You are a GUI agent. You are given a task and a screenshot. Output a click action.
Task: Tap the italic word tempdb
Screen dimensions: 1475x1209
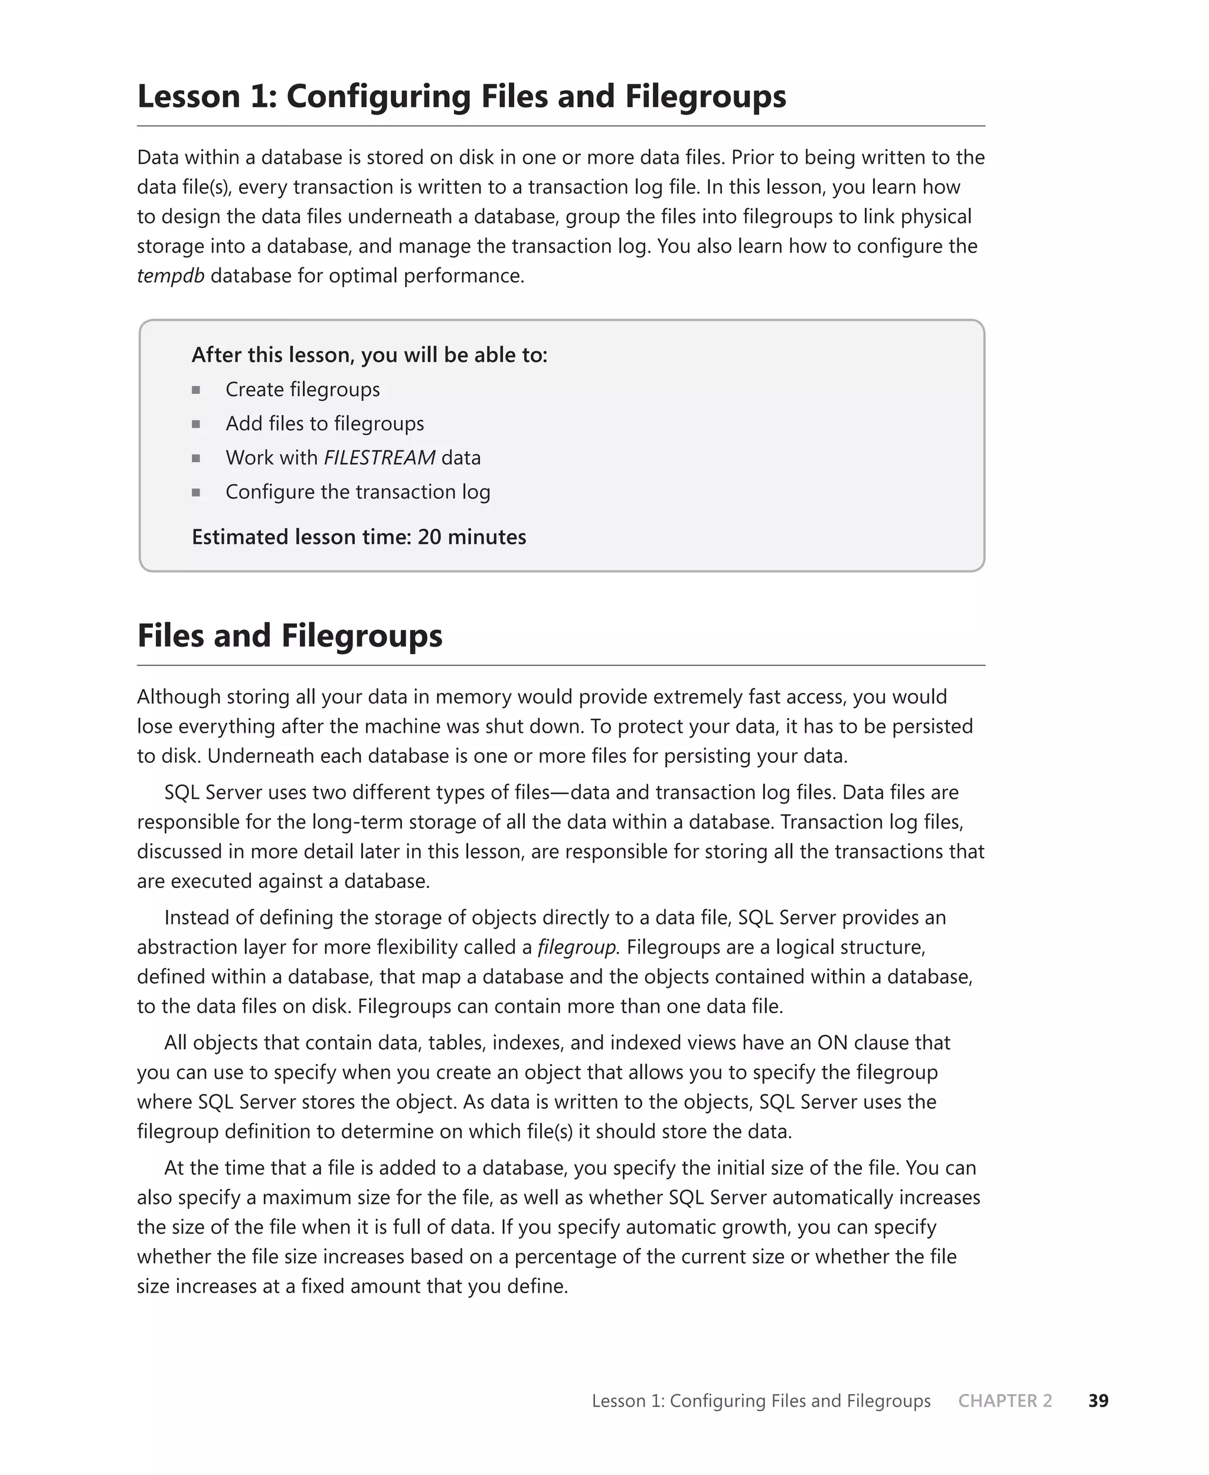(x=171, y=276)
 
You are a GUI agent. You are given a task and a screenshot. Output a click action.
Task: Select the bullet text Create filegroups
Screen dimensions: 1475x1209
(x=302, y=389)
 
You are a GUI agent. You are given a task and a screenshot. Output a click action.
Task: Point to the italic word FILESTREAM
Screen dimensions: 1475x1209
(x=380, y=458)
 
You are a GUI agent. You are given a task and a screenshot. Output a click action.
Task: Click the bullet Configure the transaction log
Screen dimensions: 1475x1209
(x=357, y=492)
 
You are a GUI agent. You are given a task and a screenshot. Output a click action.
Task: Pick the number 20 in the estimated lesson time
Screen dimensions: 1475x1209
(x=429, y=537)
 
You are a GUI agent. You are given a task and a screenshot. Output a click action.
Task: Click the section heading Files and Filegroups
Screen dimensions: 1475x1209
(x=290, y=635)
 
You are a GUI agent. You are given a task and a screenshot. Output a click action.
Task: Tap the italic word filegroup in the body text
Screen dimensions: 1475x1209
(x=577, y=947)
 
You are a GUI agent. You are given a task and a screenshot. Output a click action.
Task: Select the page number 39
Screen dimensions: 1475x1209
(x=1097, y=1401)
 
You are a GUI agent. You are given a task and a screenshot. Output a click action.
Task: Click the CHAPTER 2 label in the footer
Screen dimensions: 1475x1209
(x=1004, y=1401)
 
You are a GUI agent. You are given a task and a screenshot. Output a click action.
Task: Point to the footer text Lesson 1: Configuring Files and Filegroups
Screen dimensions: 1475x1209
(x=760, y=1401)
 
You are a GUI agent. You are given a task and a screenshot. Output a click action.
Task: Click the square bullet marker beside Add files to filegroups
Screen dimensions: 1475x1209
(x=197, y=423)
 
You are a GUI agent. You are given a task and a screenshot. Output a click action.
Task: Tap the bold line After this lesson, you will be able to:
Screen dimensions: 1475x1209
(x=369, y=355)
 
